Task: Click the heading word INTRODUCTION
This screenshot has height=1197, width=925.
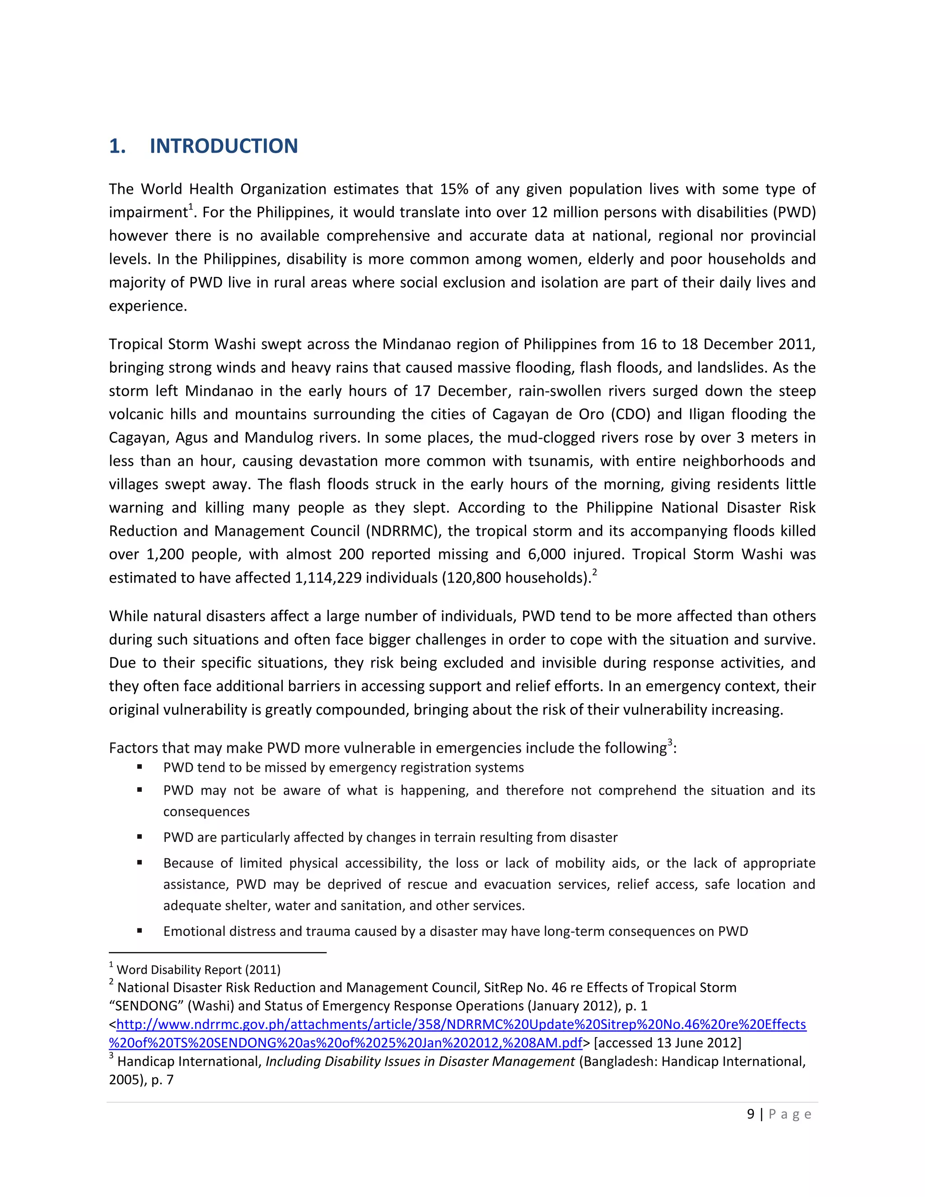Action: [x=224, y=146]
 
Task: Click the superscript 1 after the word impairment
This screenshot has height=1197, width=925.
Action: [x=191, y=206]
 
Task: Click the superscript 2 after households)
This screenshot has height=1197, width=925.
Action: [x=594, y=572]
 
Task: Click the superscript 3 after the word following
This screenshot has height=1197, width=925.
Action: [x=670, y=742]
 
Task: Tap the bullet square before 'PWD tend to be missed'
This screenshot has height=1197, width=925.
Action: [x=140, y=767]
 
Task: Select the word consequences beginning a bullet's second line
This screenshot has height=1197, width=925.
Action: [x=206, y=812]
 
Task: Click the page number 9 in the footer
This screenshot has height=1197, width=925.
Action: [x=750, y=1114]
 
